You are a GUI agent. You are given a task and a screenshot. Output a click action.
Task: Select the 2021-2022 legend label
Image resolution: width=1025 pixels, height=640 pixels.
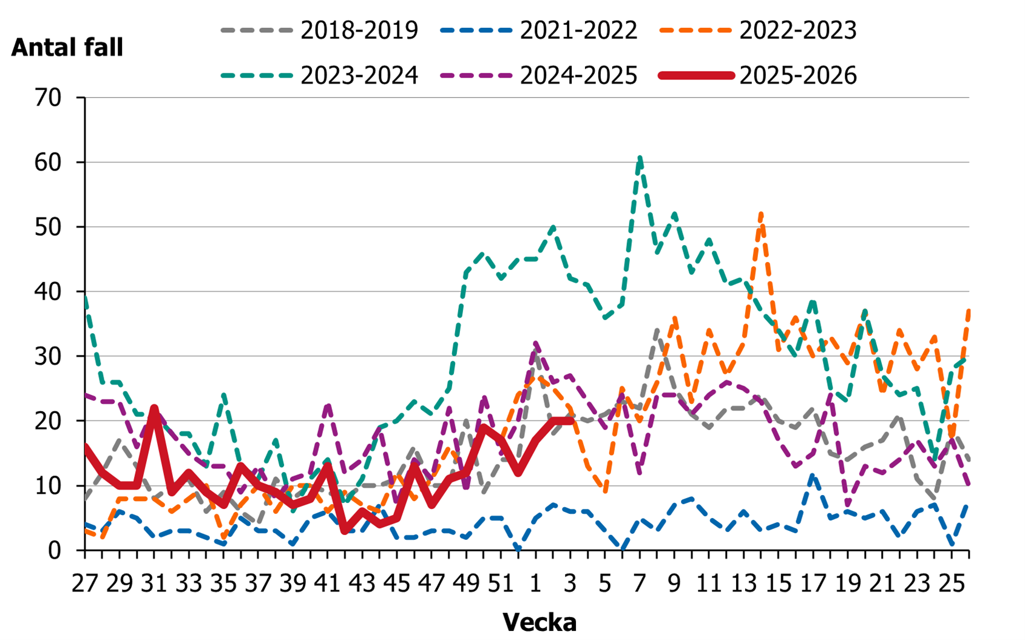point(578,30)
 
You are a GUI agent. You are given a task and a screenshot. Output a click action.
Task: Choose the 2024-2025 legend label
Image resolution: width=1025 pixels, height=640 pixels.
point(578,76)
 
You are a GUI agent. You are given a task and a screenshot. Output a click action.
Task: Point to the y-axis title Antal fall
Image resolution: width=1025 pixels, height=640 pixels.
point(67,47)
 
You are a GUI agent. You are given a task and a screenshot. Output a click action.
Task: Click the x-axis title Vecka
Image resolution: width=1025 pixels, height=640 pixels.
point(540,622)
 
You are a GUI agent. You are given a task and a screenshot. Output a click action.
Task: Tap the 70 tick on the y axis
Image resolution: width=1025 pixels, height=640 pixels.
point(49,98)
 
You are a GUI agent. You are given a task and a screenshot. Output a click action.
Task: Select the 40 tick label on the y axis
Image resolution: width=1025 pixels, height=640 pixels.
point(49,292)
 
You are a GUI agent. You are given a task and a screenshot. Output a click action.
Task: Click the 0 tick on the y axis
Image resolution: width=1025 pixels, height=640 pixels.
point(55,550)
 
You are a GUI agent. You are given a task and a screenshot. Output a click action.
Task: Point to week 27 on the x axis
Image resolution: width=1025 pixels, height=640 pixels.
point(85,584)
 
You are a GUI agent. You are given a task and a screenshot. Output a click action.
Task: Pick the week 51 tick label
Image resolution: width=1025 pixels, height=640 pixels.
point(501,584)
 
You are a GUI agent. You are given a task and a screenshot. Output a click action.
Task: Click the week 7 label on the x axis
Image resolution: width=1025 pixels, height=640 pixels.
point(639,584)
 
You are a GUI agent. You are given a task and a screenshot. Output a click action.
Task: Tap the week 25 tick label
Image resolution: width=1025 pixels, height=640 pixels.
point(951,584)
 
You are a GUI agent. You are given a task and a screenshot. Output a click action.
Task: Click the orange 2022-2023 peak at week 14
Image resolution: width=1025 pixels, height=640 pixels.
point(761,214)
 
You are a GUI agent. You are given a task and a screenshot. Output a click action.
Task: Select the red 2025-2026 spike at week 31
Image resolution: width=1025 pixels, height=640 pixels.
point(154,408)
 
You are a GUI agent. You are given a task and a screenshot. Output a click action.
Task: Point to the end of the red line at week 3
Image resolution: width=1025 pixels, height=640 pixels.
point(570,420)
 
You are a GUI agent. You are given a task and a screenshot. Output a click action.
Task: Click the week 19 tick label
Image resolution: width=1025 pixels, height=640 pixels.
point(847,584)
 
